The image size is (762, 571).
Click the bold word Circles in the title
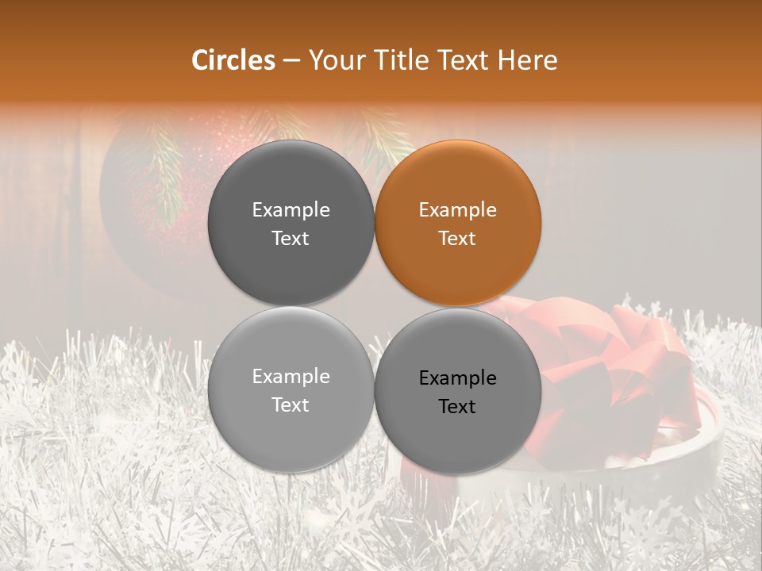tap(233, 60)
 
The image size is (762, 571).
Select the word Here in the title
tap(528, 60)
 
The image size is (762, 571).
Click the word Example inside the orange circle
tap(458, 210)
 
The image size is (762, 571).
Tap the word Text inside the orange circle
tap(458, 239)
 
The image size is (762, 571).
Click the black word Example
tap(458, 378)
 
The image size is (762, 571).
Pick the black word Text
tap(458, 407)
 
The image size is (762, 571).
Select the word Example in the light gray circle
tap(291, 377)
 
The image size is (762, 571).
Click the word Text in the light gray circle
tap(291, 405)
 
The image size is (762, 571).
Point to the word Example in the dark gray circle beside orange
tap(291, 210)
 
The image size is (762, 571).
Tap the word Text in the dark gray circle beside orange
tap(291, 239)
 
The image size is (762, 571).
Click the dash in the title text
tap(291, 61)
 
